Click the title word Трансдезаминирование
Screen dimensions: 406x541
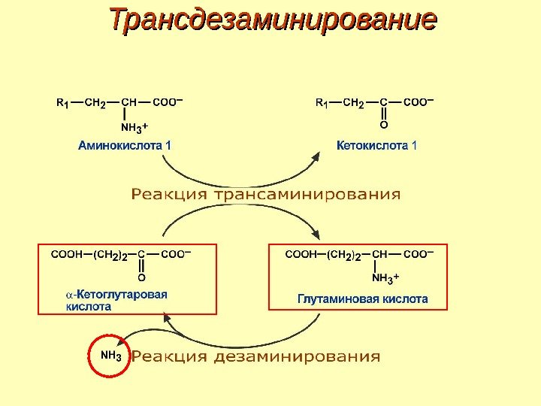(272, 20)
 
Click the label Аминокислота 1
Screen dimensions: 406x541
(125, 145)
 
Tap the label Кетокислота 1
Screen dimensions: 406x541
(376, 145)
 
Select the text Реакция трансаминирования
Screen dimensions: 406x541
(266, 195)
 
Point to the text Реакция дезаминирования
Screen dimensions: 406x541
(256, 356)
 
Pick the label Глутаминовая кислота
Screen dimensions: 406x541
(363, 298)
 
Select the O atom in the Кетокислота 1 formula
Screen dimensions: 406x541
(383, 126)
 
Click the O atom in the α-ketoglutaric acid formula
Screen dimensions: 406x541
(141, 277)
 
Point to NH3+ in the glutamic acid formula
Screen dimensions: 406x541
(385, 279)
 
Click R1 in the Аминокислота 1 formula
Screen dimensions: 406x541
(64, 102)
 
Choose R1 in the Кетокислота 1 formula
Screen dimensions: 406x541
(322, 102)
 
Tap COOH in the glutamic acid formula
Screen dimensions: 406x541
(299, 255)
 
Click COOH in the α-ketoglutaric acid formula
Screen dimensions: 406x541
(66, 255)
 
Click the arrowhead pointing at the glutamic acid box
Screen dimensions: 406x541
(321, 236)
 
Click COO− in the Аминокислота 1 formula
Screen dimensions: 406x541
(169, 101)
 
